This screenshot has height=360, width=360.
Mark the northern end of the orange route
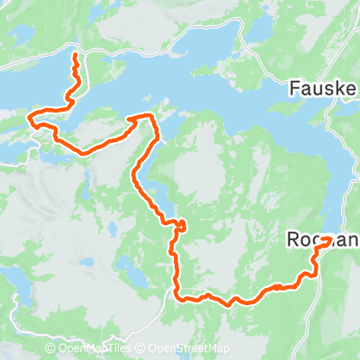click(x=74, y=57)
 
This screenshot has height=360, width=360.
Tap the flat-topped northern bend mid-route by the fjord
click(x=142, y=116)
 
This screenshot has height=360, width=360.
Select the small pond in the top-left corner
click(x=21, y=33)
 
